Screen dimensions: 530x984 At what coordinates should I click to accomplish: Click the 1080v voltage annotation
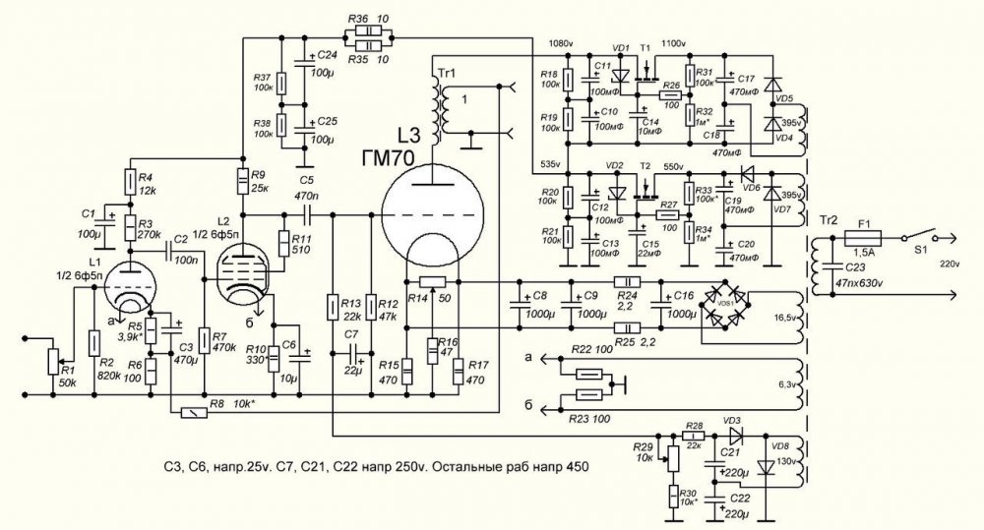(x=560, y=42)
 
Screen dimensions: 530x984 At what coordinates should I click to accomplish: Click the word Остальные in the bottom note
(x=471, y=467)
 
